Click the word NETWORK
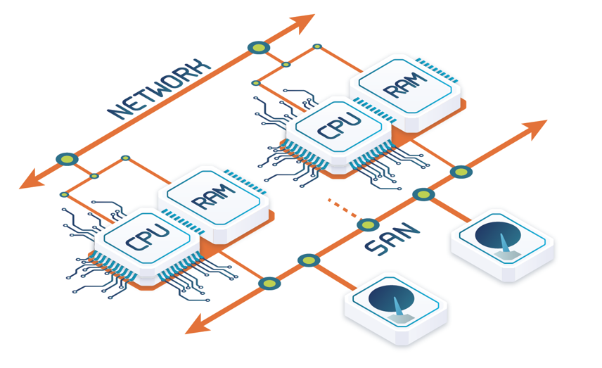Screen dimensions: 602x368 159,89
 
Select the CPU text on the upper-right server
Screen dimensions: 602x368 340,125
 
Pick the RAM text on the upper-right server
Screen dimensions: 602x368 404,85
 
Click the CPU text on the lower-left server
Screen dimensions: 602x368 148,236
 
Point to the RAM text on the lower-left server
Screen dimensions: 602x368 213,197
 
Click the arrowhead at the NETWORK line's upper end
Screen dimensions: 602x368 303,23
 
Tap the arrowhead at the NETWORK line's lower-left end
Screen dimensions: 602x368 32,179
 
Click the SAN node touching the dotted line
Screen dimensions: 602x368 368,224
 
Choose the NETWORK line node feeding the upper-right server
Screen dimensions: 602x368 259,48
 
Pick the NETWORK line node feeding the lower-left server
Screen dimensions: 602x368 68,159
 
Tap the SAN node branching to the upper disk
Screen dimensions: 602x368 424,194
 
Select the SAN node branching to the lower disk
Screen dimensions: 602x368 309,260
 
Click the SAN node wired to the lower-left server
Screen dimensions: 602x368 269,284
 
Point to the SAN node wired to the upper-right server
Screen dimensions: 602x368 461,172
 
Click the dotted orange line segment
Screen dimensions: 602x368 343,208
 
